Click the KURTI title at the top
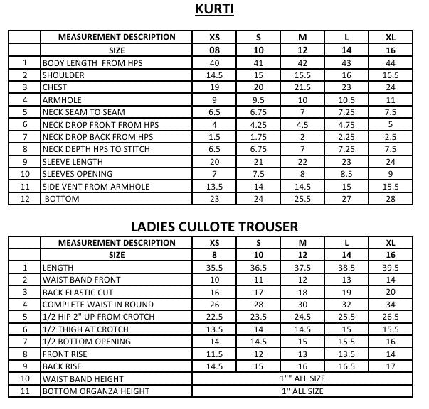click(214, 10)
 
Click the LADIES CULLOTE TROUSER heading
click(214, 227)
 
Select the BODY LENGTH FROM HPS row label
click(92, 63)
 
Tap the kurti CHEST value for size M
click(302, 88)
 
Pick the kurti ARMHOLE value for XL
click(390, 100)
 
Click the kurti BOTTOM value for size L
click(346, 199)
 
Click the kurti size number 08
click(214, 50)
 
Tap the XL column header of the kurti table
click(390, 38)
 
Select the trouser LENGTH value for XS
click(214, 268)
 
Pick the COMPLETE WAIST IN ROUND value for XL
click(390, 305)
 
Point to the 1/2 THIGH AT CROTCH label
click(85, 329)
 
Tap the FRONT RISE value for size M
click(302, 354)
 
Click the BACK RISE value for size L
click(346, 366)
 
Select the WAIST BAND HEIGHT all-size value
click(302, 379)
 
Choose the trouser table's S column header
click(258, 243)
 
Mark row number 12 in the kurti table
click(24, 199)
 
